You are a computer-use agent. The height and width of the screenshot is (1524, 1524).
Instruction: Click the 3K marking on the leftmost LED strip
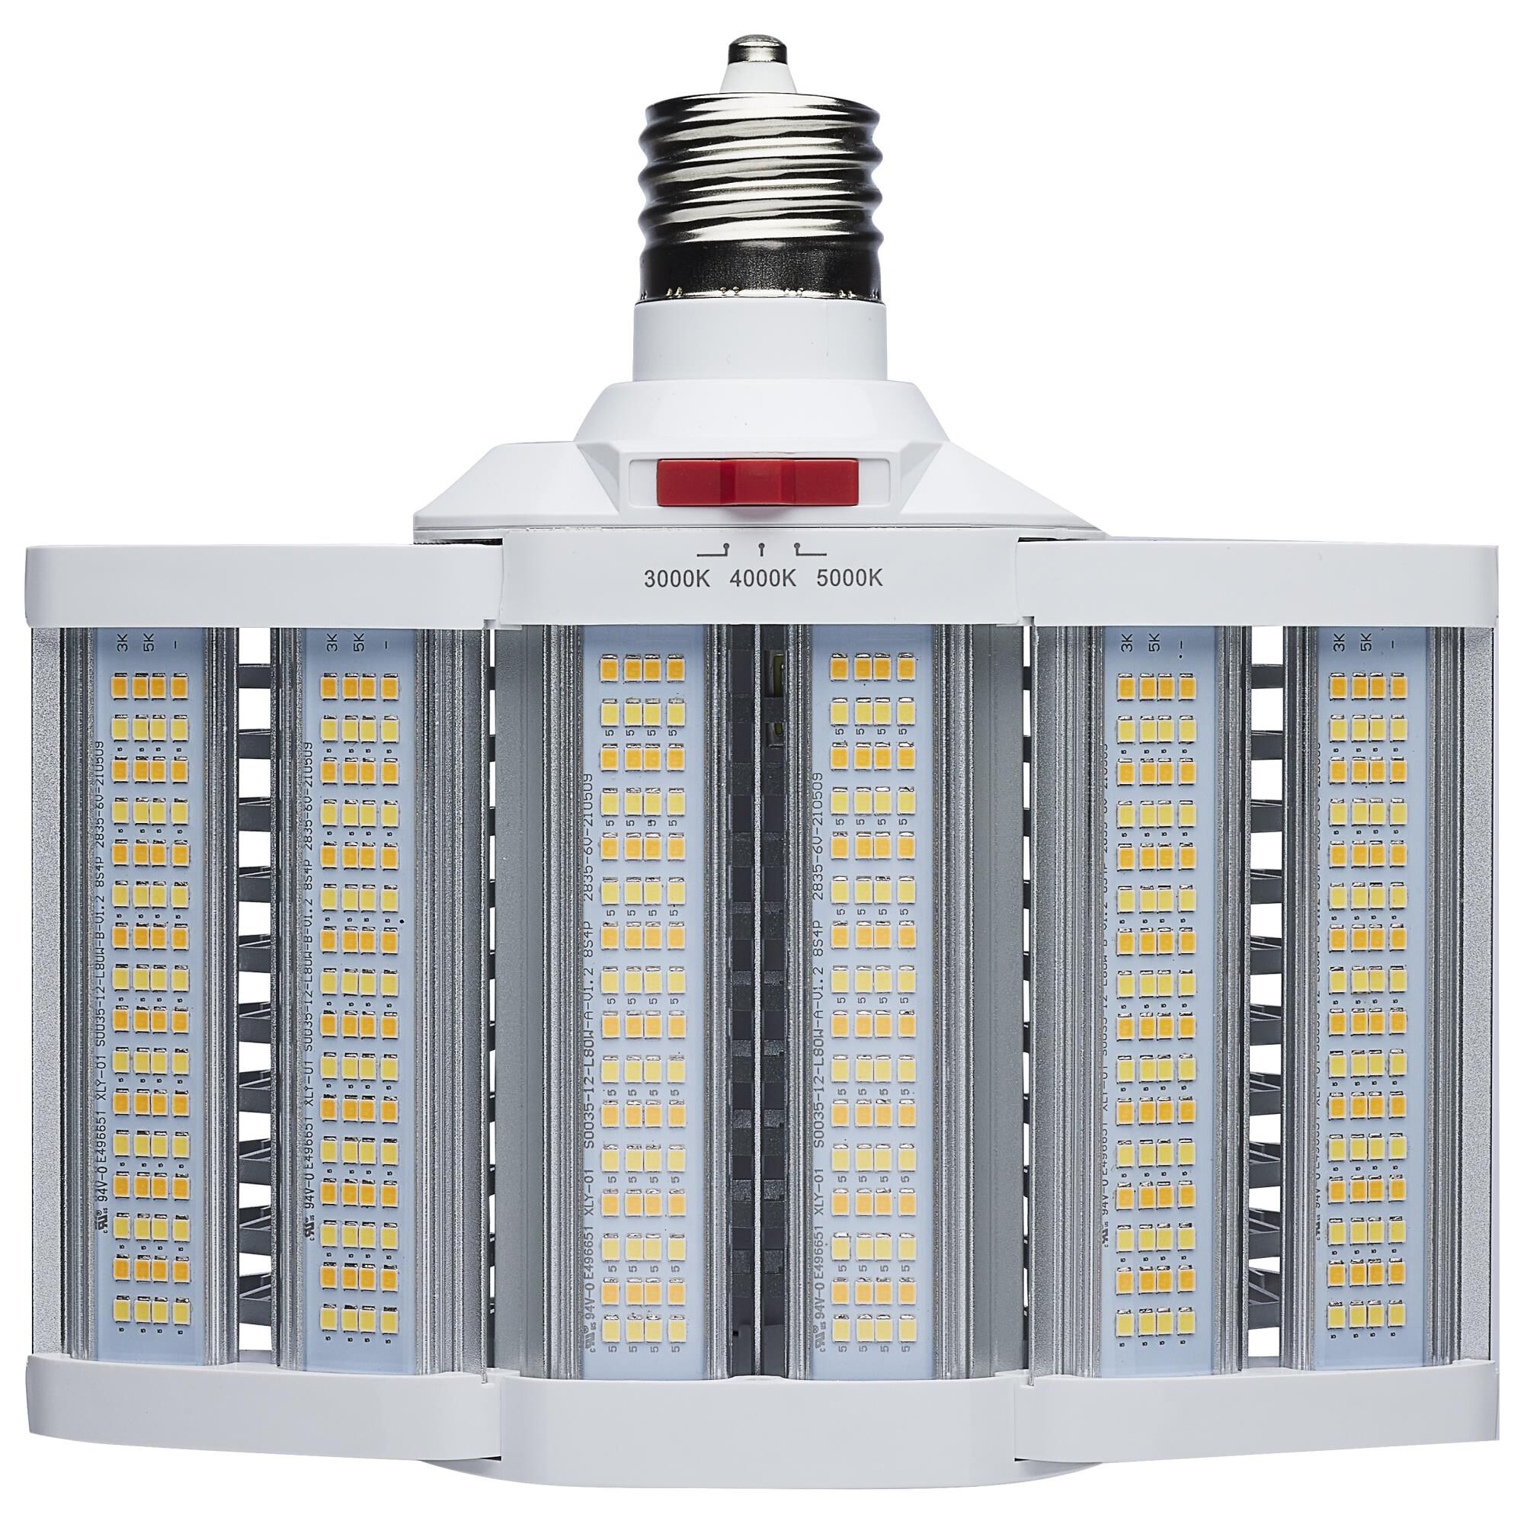(x=122, y=645)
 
